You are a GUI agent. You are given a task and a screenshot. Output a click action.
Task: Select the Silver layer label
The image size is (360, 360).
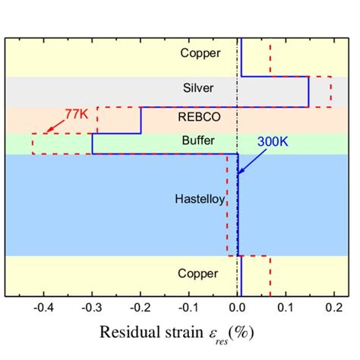click(x=200, y=88)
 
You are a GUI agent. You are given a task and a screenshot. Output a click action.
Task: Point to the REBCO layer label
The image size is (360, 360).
click(x=200, y=117)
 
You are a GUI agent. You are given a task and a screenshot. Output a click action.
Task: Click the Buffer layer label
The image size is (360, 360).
click(x=200, y=141)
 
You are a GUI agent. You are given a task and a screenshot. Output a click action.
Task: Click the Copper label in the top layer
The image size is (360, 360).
click(x=200, y=53)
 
